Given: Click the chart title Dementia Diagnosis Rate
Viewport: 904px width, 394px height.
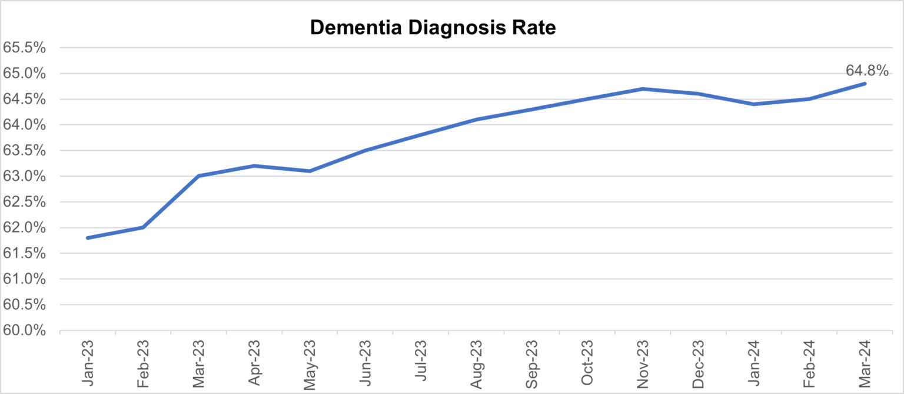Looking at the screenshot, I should pyautogui.click(x=433, y=28).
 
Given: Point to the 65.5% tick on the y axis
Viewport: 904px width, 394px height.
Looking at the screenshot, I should pyautogui.click(x=25, y=48).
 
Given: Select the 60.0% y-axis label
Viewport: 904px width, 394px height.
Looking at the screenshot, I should pyautogui.click(x=25, y=330).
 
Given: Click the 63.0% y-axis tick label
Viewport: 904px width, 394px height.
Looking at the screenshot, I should pyautogui.click(x=25, y=177).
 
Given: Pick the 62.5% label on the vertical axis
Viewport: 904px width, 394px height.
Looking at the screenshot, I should pyautogui.click(x=25, y=202).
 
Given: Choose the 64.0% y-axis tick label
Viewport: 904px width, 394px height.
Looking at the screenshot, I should pyautogui.click(x=25, y=125).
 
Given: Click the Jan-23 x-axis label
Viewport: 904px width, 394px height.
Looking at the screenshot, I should pyautogui.click(x=88, y=363).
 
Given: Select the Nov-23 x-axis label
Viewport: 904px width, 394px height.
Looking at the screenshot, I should pyautogui.click(x=643, y=363).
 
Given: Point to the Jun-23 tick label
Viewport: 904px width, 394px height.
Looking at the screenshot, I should pyautogui.click(x=365, y=363).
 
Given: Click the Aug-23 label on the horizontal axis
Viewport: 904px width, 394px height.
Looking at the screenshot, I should pyautogui.click(x=477, y=363).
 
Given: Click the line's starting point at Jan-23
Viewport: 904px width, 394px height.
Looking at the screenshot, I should pyautogui.click(x=88, y=238).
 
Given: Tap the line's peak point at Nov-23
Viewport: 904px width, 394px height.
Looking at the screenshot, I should pyautogui.click(x=643, y=89).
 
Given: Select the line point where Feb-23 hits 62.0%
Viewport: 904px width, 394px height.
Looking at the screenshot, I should pyautogui.click(x=143, y=227).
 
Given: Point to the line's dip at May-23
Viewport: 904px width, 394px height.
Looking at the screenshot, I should pyautogui.click(x=310, y=171).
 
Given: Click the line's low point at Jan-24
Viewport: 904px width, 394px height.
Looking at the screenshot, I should pyautogui.click(x=754, y=104).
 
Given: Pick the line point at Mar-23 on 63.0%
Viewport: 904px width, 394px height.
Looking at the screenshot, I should pyautogui.click(x=199, y=176).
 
